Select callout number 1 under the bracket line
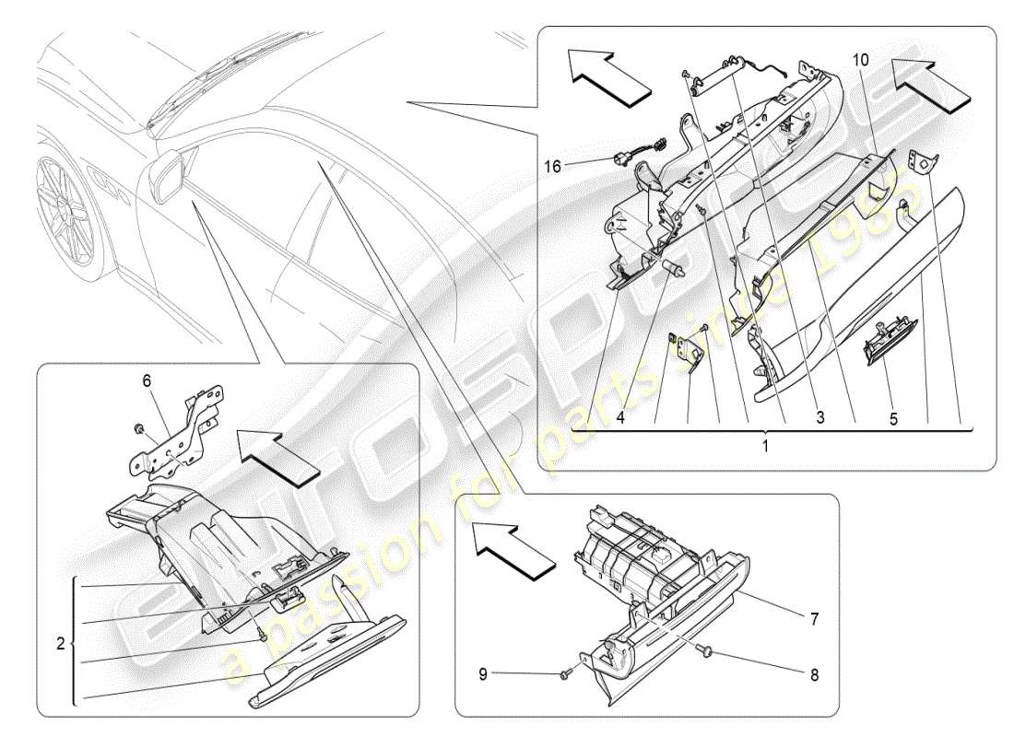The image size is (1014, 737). point(764,444)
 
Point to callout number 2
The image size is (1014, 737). point(60,645)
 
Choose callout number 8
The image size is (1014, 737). point(814,673)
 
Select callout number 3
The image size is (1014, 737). point(819,417)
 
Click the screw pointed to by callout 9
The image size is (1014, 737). point(564,677)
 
